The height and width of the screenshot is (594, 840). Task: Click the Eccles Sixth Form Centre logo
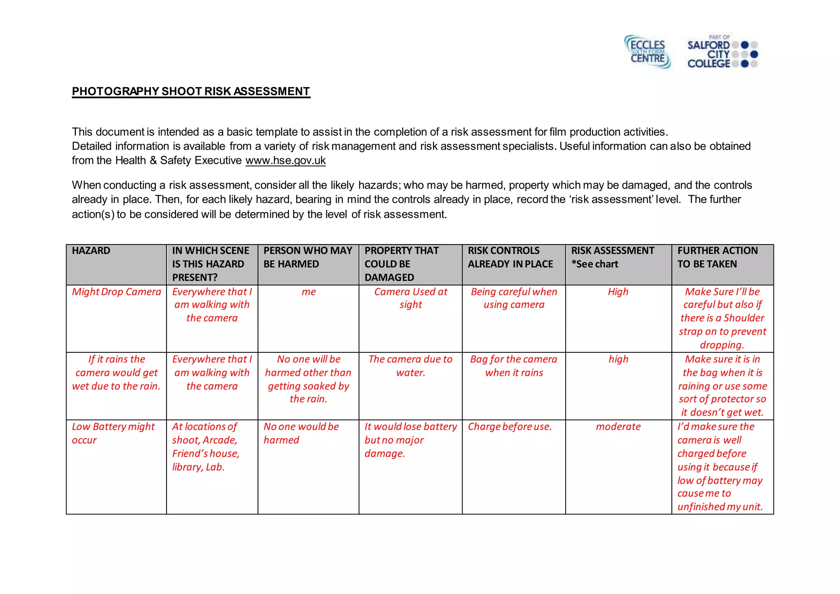click(647, 52)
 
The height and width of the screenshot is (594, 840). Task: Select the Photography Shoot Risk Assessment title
click(191, 91)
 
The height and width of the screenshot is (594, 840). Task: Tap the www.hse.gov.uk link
click(285, 160)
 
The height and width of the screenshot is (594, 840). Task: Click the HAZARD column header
click(91, 251)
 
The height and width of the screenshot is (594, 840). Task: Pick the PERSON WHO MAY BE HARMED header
click(308, 257)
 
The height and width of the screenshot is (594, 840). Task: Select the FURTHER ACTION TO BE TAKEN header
click(717, 257)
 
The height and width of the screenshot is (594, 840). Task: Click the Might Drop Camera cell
click(116, 292)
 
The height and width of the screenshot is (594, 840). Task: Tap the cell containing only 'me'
click(308, 292)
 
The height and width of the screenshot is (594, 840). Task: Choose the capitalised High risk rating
click(618, 292)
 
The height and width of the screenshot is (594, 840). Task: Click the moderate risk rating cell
click(618, 427)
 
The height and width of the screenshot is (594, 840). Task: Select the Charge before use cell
click(510, 427)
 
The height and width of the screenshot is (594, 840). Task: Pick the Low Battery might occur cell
click(113, 433)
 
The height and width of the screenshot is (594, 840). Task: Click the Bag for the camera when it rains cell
click(514, 366)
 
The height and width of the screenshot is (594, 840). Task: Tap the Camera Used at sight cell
click(411, 298)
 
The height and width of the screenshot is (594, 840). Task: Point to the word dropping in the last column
click(722, 345)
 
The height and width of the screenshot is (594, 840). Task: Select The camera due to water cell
click(411, 366)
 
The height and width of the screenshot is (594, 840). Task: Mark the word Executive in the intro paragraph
click(218, 160)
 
